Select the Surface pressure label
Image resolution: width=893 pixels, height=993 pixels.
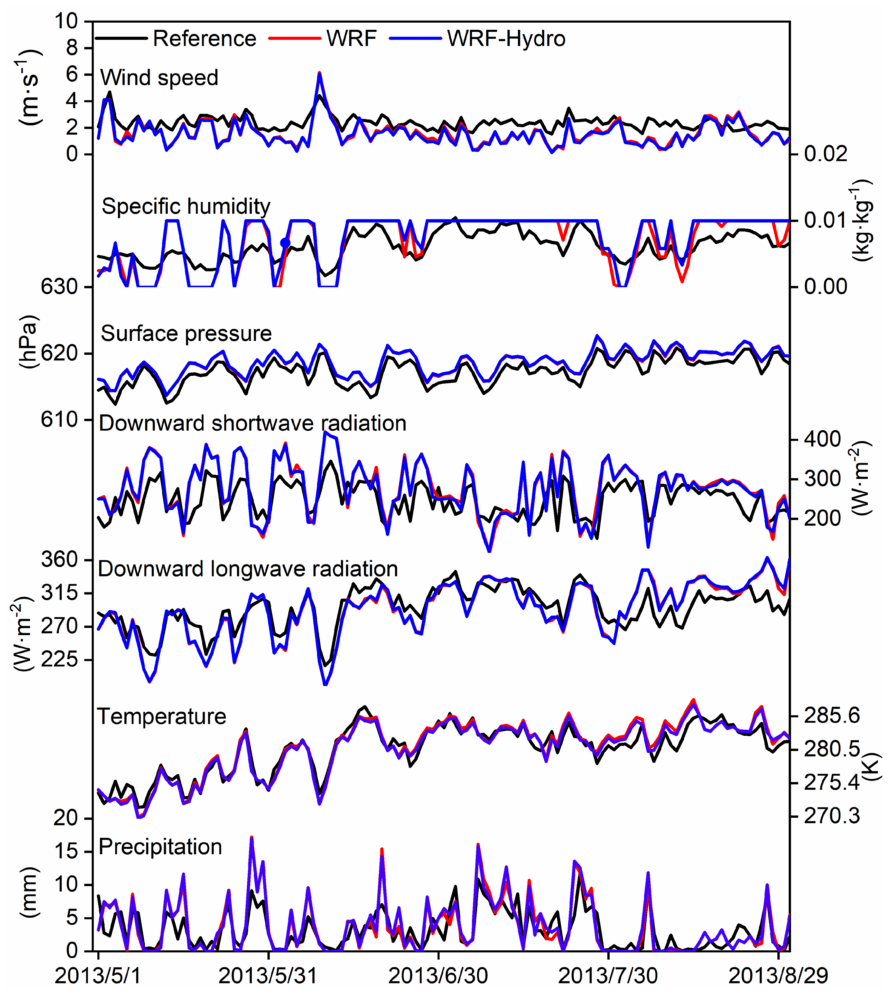pos(186,334)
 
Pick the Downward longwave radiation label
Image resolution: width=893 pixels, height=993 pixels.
pos(248,569)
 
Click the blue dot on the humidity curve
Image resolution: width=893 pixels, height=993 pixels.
pos(285,243)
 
